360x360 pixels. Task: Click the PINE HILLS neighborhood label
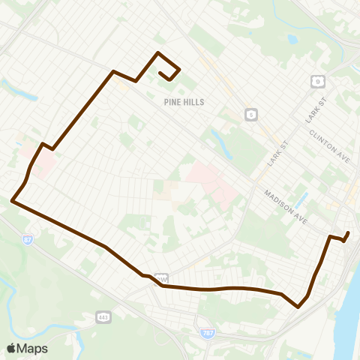[x=184, y=101]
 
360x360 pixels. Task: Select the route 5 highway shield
[x=250, y=114]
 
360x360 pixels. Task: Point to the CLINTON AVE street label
[x=331, y=145]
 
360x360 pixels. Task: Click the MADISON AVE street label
[x=286, y=205]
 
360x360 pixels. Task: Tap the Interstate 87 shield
[x=27, y=240]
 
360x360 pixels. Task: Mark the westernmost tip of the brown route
[x=12, y=200]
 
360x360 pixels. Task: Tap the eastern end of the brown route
[x=348, y=233]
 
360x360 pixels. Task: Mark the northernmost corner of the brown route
[x=157, y=52]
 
